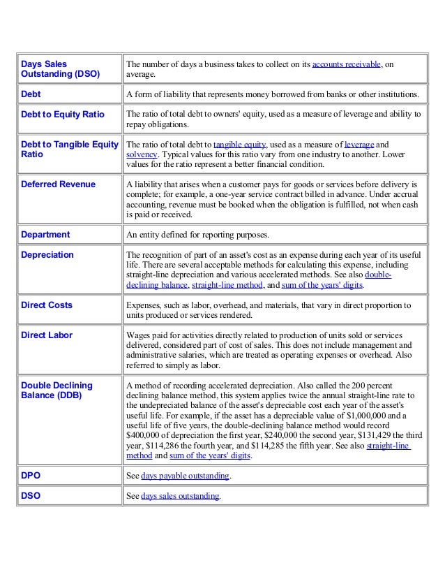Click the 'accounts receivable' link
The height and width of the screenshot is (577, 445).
pos(346,64)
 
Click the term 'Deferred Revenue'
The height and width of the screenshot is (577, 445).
pos(58,184)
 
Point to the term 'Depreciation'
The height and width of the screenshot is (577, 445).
pos(47,255)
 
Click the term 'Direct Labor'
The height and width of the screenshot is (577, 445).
pos(46,335)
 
